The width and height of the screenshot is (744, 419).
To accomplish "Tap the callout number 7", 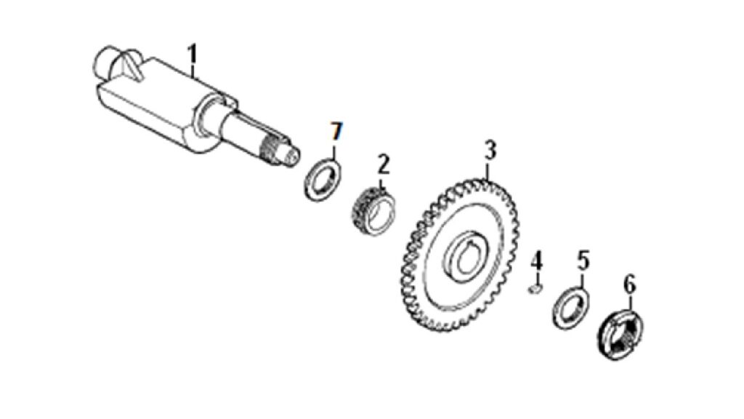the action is point(336,131).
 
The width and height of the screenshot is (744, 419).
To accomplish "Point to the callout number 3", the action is point(490,149).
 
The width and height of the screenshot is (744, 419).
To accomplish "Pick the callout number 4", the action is point(537,261).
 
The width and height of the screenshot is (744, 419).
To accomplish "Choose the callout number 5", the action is point(583,261).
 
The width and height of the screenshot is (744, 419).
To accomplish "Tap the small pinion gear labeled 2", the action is point(375,213).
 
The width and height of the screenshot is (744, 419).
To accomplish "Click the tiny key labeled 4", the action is point(535,289).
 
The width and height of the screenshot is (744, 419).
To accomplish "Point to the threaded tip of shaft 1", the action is point(280,151).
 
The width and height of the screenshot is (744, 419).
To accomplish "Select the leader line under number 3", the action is point(489,170).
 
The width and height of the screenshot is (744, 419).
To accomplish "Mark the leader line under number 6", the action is point(631,303).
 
